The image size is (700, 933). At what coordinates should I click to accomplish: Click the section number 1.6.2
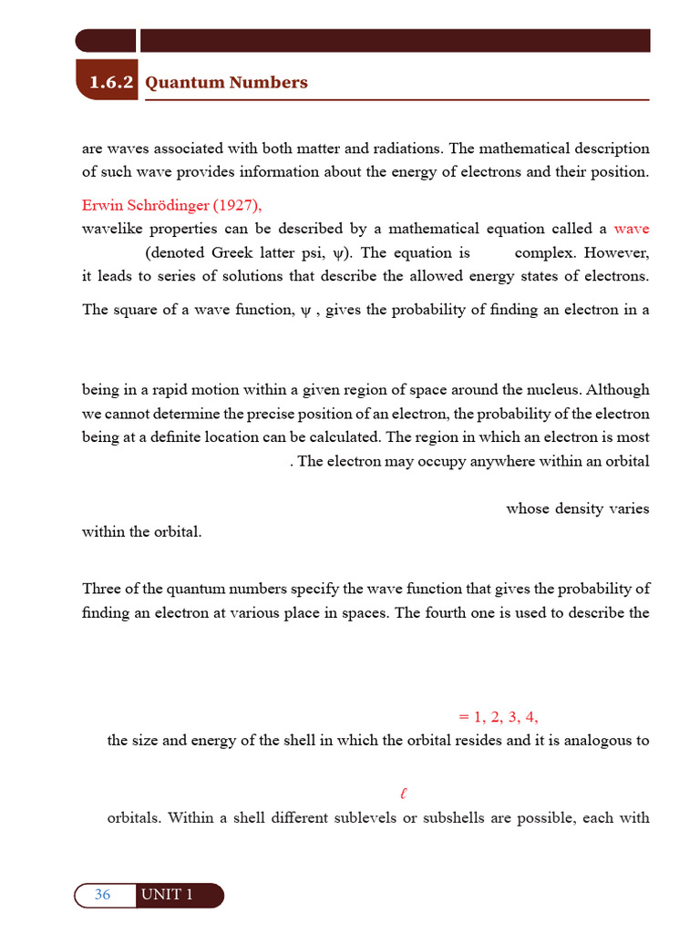pyautogui.click(x=111, y=83)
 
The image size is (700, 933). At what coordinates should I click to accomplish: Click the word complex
pyautogui.click(x=545, y=253)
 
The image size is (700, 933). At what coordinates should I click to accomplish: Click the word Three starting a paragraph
pyautogui.click(x=101, y=589)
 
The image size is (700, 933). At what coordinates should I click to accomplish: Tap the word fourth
pyautogui.click(x=445, y=612)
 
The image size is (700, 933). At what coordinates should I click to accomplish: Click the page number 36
pyautogui.click(x=102, y=895)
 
